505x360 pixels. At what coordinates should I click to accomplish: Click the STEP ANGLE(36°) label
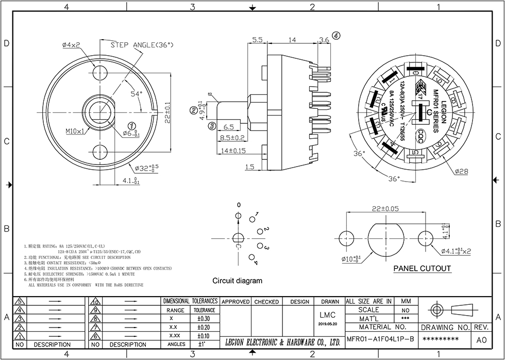point(142,45)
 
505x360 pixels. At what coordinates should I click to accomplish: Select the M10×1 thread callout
point(75,131)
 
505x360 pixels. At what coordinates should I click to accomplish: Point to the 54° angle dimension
point(136,94)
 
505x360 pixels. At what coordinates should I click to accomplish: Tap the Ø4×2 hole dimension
point(71,45)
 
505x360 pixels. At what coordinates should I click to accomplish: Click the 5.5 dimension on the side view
point(258,40)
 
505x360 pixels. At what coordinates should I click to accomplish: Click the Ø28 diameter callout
point(462,170)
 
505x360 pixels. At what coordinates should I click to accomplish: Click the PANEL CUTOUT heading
point(422,269)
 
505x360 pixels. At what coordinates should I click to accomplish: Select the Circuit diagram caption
point(238,281)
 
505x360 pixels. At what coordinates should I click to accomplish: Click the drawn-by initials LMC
point(328,315)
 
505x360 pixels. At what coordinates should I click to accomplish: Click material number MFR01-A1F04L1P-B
point(380,339)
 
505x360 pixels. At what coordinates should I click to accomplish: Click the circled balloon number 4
point(336,36)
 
